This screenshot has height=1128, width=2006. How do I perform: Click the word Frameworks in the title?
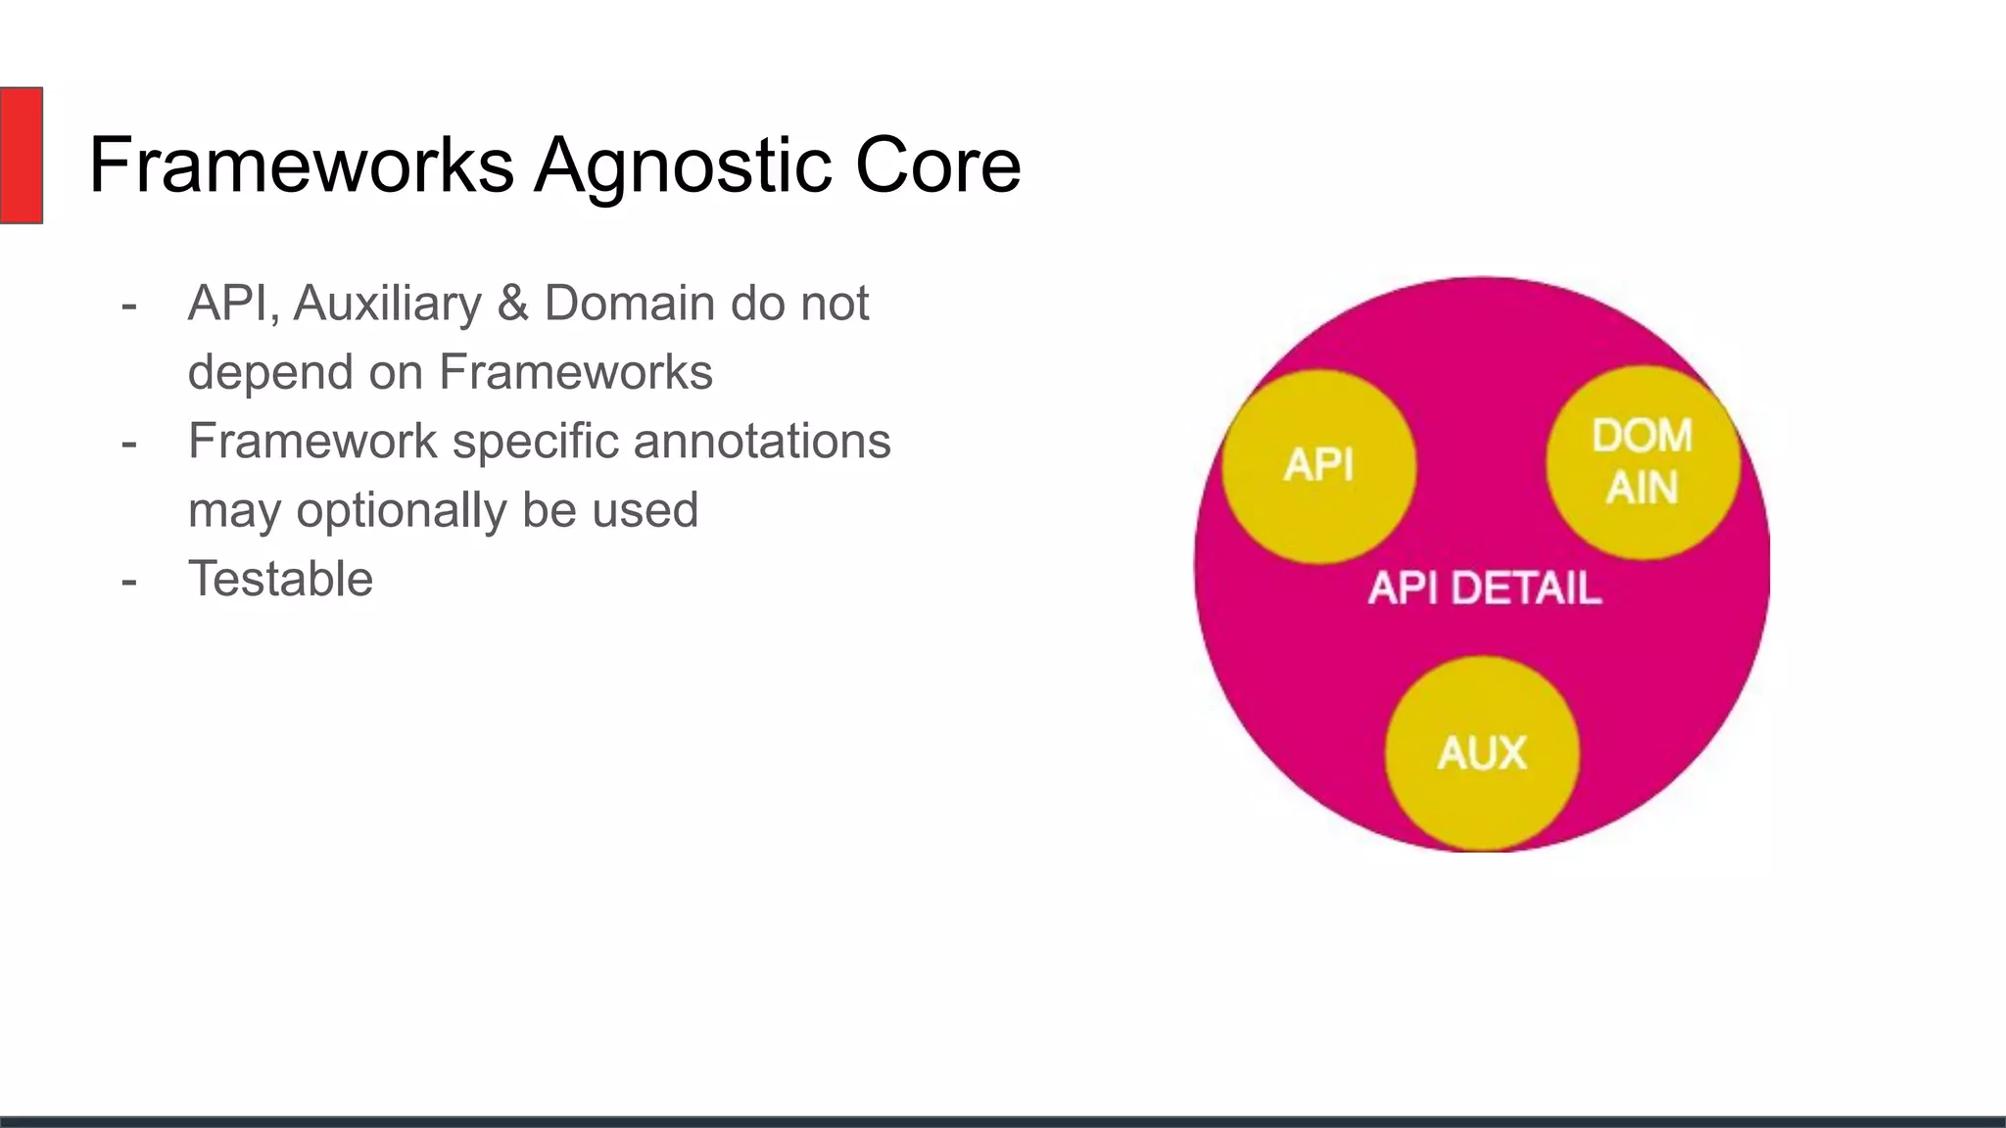[301, 165]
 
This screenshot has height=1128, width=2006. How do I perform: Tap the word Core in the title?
[937, 165]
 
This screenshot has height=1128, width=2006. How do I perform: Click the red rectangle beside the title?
[21, 155]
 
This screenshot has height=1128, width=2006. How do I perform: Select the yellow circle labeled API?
[1318, 466]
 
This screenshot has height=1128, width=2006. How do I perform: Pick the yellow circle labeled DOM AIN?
[1643, 462]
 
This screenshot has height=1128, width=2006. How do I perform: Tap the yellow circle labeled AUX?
[1482, 753]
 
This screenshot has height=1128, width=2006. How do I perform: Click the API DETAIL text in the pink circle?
[1485, 588]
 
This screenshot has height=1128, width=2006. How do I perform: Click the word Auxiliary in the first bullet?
[387, 304]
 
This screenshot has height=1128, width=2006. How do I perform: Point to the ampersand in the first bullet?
[512, 304]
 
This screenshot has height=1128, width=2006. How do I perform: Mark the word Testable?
[280, 580]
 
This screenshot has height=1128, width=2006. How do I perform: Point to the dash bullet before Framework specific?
[129, 445]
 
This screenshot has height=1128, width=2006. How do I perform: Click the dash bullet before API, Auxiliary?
[129, 306]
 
